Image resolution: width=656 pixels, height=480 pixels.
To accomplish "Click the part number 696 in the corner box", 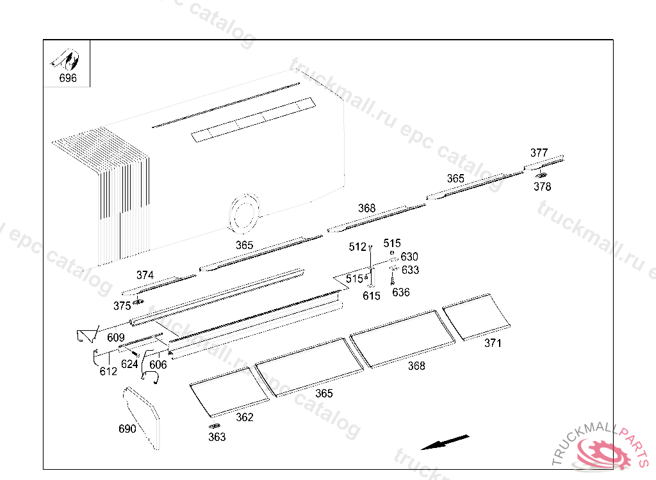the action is coord(68,78).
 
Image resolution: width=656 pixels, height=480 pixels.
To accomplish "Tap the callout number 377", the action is coord(539,152).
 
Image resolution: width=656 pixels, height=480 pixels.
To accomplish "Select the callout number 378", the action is coord(542,186).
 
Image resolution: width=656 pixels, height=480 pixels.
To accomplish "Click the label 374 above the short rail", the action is coord(145,275).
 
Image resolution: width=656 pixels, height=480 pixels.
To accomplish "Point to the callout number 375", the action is coord(122,306).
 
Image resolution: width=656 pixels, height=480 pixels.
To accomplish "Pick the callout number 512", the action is coord(357,247).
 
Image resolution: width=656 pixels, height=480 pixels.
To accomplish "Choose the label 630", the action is coord(409,257).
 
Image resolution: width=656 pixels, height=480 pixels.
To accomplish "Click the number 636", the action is coord(401,292).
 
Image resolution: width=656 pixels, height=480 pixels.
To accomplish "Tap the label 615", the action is coord(372,296).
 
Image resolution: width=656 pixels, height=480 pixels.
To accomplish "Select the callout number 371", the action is coord(493,343).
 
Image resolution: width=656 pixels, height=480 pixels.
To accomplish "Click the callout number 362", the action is coord(245,417).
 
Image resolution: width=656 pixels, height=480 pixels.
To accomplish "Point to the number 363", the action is coord(217,437).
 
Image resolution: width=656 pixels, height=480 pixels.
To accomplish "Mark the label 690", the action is coord(127,429).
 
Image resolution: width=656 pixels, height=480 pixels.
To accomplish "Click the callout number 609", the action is coord(116,337).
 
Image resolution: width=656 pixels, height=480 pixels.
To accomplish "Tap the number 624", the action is coord(129,365).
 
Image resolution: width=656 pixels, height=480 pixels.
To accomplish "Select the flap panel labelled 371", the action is coord(477,317).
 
